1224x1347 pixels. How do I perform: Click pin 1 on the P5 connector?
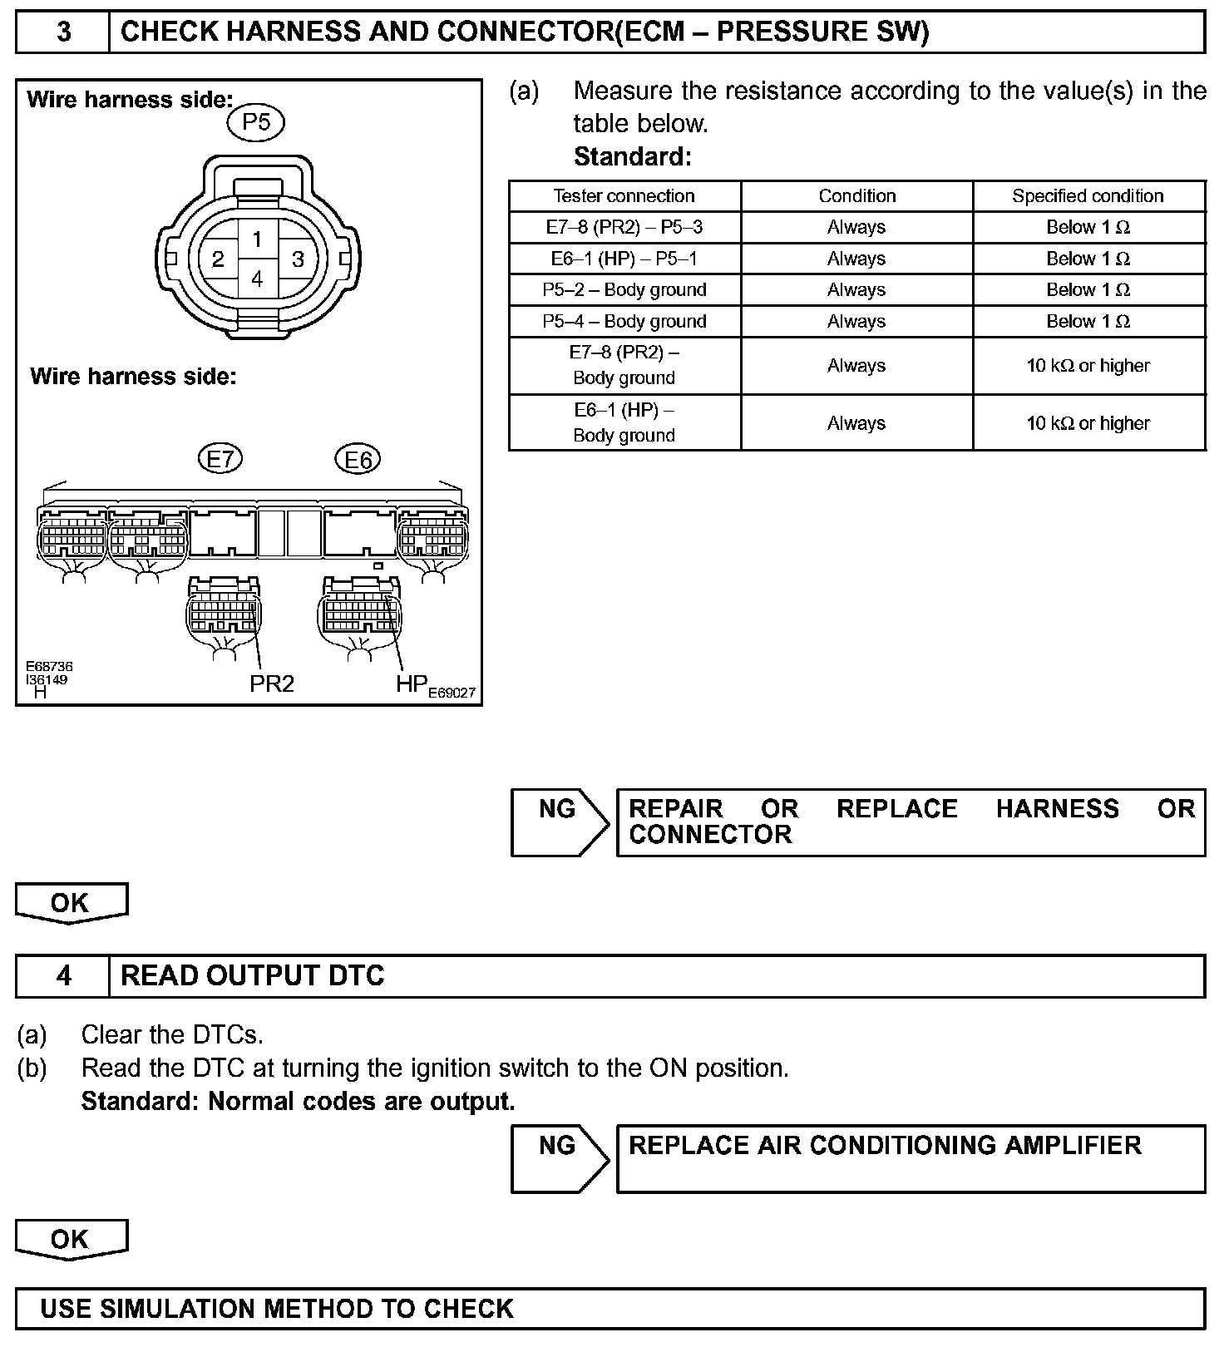257,239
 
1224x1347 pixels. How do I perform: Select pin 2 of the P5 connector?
218,259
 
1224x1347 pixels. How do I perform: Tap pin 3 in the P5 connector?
298,259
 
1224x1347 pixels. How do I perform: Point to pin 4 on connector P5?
257,279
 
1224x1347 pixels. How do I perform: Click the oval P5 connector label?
256,123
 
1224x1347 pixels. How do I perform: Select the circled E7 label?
220,459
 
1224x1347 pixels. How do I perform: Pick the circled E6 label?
358,459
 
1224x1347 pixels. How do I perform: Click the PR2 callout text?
272,683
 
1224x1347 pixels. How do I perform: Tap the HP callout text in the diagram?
412,683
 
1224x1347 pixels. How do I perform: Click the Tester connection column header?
624,196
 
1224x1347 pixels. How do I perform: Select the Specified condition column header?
1088,196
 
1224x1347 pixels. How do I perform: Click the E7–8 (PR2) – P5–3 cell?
624,227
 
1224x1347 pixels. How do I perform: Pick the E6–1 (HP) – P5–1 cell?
624,259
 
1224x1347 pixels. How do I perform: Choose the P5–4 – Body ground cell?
624,321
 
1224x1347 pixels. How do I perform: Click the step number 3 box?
63,32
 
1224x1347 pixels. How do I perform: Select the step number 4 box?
63,975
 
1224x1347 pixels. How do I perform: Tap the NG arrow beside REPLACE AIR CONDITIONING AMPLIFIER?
560,1157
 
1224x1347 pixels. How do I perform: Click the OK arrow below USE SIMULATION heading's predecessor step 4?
72,1239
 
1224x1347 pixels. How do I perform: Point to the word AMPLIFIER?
1073,1146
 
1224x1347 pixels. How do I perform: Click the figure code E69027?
452,693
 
